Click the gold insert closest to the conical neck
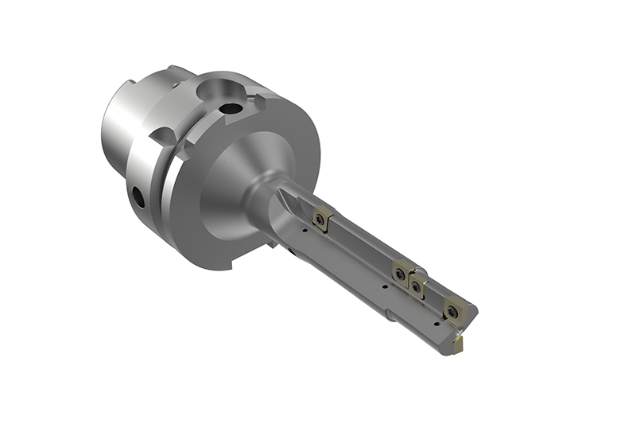(323, 218)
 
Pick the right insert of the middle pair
(417, 284)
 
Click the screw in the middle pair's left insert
(400, 274)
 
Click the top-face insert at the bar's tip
(455, 312)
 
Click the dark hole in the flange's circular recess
(231, 108)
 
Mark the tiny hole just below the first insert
(304, 231)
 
